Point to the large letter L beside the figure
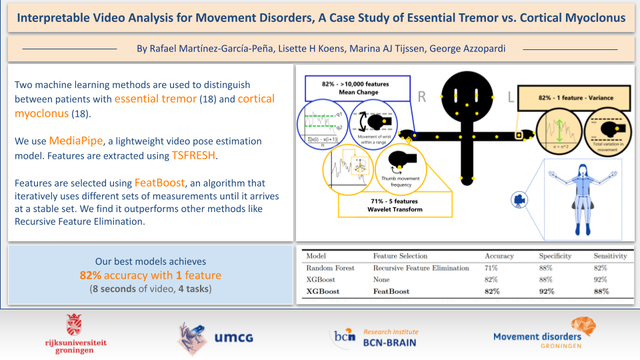510,99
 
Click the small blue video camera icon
518,199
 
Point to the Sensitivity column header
611,256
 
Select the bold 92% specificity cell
547,291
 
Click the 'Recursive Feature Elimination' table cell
421,268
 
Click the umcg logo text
233,337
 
